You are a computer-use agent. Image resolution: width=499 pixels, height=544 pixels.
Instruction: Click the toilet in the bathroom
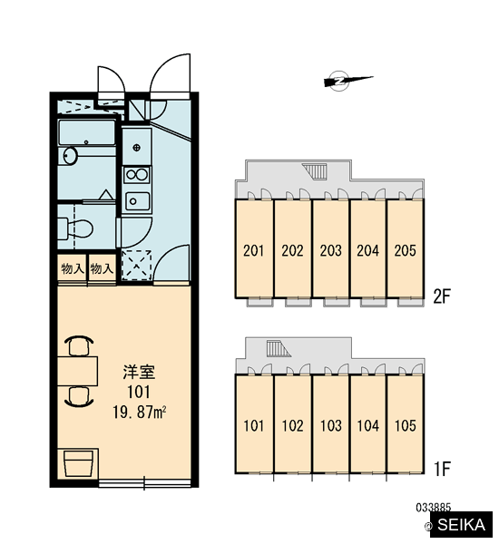(75, 228)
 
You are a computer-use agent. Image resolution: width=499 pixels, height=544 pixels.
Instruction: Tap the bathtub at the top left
(86, 132)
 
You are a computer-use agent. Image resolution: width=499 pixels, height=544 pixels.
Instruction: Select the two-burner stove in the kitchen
(137, 174)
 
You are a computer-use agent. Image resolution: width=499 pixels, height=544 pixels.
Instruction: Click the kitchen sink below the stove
(138, 201)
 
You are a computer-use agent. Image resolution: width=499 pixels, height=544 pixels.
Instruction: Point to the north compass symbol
(347, 81)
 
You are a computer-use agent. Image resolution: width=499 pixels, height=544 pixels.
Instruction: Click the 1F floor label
(442, 469)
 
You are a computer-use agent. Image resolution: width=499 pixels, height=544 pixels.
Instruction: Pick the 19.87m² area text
(139, 413)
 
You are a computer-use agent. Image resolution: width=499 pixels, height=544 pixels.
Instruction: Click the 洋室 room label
(139, 372)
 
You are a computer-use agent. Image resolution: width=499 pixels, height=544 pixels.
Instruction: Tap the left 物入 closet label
(73, 268)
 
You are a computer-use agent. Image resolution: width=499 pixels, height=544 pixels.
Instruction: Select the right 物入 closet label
(102, 268)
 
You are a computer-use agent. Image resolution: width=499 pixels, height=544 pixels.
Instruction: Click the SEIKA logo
(461, 525)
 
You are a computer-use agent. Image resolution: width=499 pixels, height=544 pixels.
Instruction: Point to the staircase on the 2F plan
(316, 171)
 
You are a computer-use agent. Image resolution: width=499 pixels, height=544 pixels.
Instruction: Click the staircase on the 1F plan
(279, 348)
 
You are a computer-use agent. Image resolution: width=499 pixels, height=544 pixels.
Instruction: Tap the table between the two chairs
(77, 371)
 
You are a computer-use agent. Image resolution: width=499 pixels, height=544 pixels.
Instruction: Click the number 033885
(433, 508)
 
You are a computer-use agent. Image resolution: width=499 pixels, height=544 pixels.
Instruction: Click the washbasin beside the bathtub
(70, 155)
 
